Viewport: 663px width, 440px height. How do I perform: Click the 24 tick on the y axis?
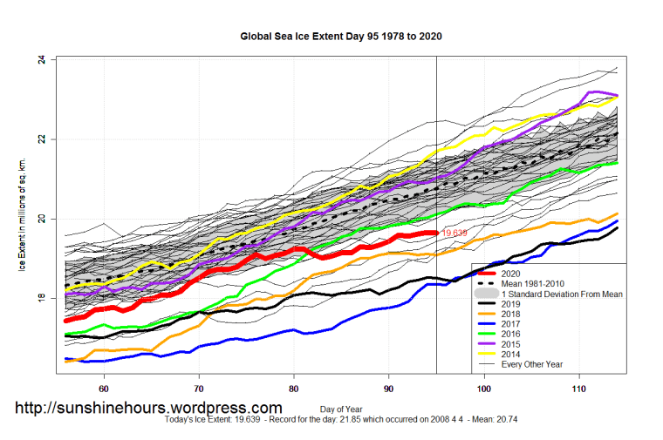41,60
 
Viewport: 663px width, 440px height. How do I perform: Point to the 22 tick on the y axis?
41,139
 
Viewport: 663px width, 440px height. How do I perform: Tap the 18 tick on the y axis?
41,298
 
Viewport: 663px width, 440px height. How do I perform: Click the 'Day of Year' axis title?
341,409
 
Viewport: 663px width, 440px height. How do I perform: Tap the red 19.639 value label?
455,234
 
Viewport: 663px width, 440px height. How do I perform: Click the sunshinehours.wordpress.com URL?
148,407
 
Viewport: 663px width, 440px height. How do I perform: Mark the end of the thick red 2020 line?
435,233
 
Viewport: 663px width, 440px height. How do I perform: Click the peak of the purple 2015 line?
593,91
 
